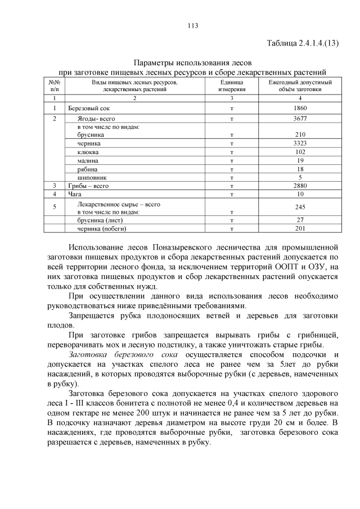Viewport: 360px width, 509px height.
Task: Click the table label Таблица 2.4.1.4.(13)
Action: coord(302,43)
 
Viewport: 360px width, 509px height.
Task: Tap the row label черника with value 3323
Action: coord(89,144)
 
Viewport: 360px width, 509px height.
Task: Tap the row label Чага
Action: coord(75,193)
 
